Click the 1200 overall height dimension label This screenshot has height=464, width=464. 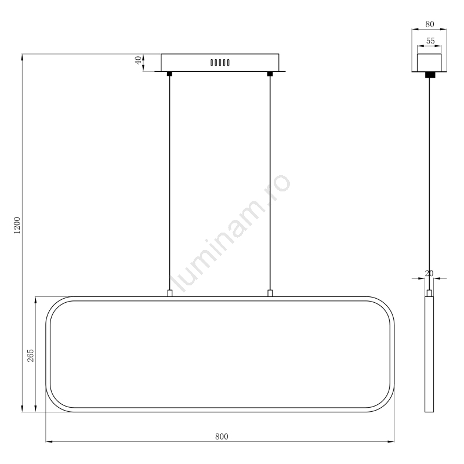pos(17,226)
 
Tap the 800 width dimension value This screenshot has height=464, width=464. pos(222,437)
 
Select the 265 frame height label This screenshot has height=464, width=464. pos(31,356)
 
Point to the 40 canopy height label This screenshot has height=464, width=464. pos(138,60)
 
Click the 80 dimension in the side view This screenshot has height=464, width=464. pos(430,24)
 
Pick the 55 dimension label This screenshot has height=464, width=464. pos(430,41)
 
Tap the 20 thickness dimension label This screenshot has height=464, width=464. pos(429,273)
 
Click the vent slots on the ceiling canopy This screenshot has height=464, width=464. pos(220,63)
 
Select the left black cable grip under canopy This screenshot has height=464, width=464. pos(169,74)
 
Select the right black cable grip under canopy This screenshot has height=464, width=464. pos(270,74)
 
